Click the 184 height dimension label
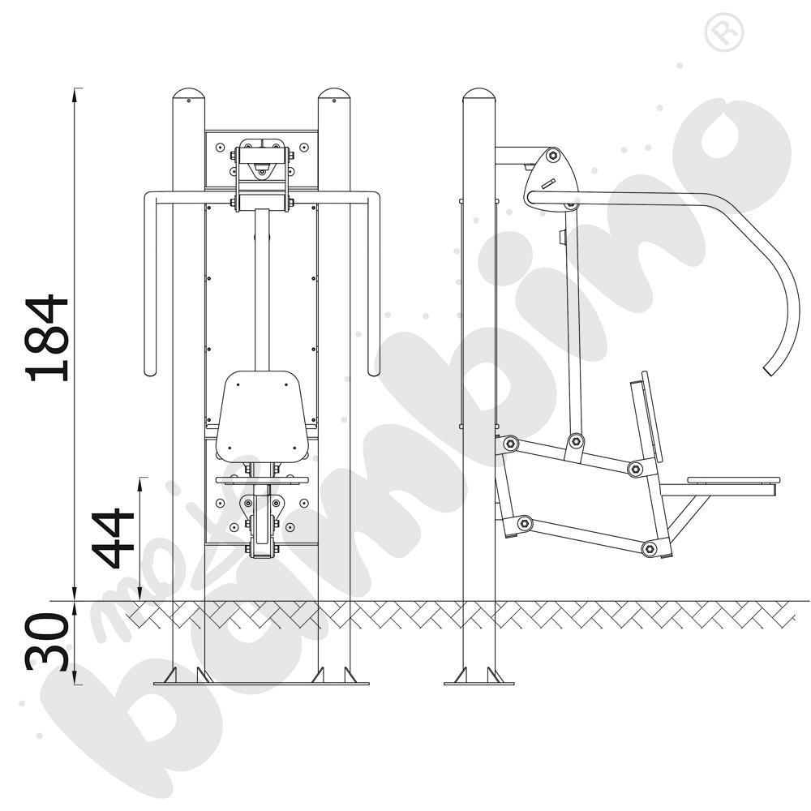48,338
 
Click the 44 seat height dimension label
114,538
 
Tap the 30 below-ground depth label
48,642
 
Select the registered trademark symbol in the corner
723,32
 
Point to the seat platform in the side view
732,480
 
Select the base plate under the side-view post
479,683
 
